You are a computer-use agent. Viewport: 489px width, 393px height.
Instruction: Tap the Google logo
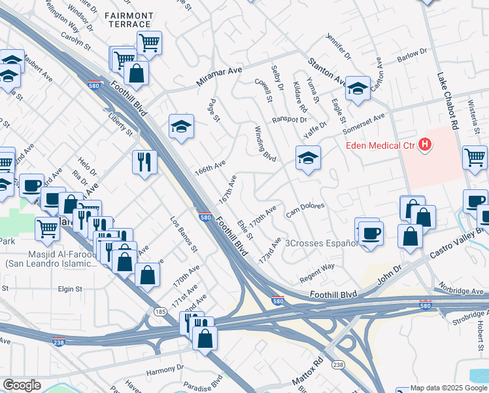(22, 385)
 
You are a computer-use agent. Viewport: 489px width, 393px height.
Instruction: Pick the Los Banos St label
(184, 234)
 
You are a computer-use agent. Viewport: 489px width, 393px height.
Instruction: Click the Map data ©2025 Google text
(448, 388)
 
